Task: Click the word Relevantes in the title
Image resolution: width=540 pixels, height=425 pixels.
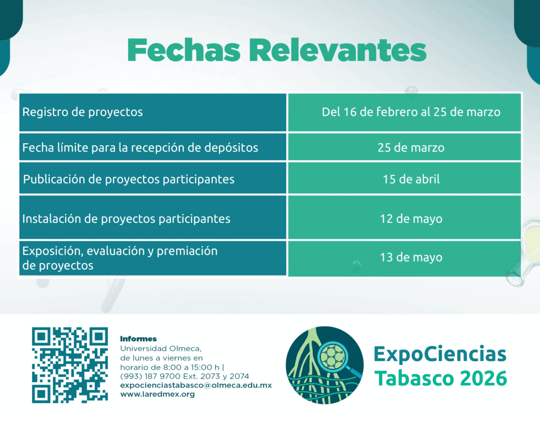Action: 338,50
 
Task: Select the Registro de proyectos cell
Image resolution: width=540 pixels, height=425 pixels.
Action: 152,112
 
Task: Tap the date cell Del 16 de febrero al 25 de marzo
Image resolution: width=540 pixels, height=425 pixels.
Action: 404,112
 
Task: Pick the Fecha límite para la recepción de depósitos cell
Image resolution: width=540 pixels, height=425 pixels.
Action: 152,147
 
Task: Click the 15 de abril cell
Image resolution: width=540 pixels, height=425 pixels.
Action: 404,178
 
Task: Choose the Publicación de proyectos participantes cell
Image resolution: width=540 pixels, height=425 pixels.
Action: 152,178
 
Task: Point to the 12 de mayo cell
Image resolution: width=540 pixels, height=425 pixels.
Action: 404,218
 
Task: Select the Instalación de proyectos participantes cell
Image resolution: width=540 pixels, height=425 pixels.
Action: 152,218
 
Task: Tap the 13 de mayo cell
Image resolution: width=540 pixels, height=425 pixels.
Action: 404,258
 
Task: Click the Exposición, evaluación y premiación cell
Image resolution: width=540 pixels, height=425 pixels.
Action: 152,258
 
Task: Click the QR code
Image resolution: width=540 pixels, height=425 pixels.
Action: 70,365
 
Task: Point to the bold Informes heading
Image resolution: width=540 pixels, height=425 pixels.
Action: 139,339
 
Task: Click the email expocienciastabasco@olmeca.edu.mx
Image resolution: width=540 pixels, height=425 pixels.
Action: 196,385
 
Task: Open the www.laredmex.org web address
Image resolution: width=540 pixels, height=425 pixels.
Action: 157,394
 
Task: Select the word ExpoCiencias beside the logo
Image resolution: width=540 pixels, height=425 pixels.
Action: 440,354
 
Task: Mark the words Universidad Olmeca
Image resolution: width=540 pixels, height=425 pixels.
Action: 161,348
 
